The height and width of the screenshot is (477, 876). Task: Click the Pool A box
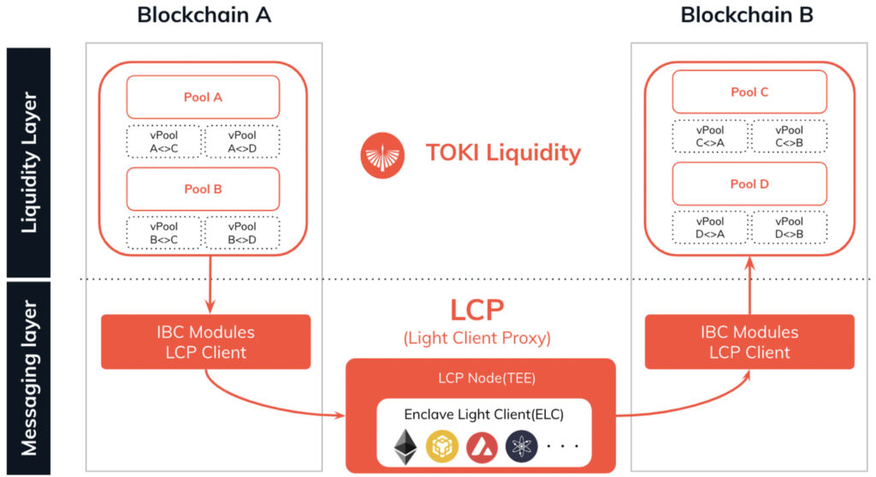(x=203, y=97)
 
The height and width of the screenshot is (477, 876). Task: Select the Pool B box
(x=203, y=188)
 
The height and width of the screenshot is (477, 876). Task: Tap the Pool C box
(x=749, y=92)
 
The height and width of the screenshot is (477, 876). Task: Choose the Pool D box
(x=749, y=183)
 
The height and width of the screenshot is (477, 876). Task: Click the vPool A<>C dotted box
(x=163, y=142)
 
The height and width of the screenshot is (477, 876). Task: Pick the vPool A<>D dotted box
(x=242, y=142)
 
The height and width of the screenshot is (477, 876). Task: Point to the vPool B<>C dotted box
(x=163, y=234)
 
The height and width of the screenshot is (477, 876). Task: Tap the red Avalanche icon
(x=482, y=445)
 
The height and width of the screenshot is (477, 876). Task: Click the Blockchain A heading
(x=204, y=15)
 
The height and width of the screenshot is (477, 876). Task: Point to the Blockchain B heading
(x=747, y=15)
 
